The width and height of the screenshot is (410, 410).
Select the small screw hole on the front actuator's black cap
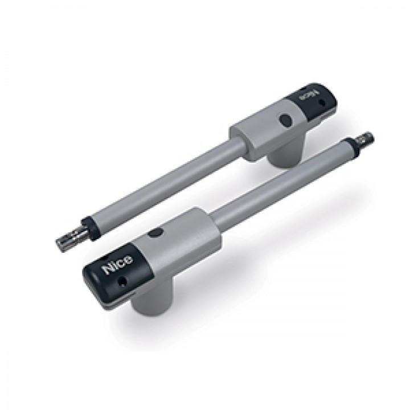(x=122, y=281)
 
